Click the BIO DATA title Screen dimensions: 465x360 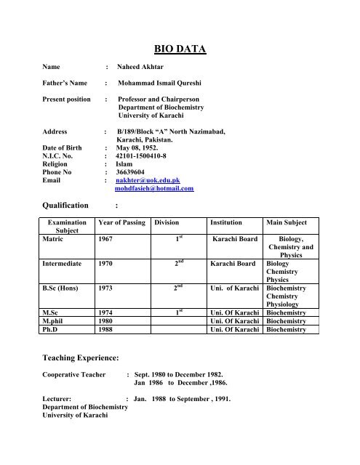(180, 49)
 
